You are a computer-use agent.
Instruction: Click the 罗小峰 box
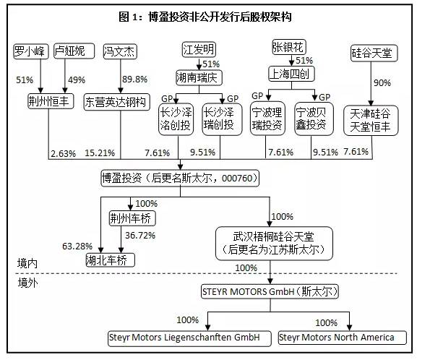point(30,51)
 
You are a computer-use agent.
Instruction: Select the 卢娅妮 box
point(70,51)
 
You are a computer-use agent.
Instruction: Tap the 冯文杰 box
point(121,51)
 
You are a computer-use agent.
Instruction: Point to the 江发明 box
point(199,51)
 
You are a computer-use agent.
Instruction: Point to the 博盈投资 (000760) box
point(179,177)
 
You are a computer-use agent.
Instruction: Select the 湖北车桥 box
point(109,259)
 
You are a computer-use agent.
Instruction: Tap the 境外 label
point(27,283)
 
